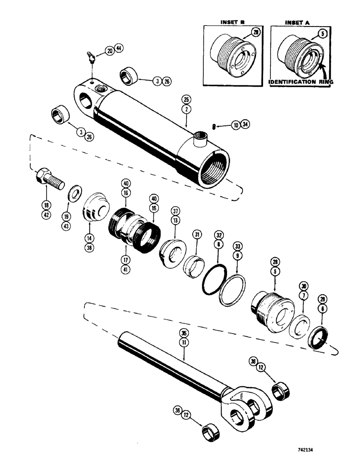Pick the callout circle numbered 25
[x=186, y=100]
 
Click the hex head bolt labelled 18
[x=48, y=179]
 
